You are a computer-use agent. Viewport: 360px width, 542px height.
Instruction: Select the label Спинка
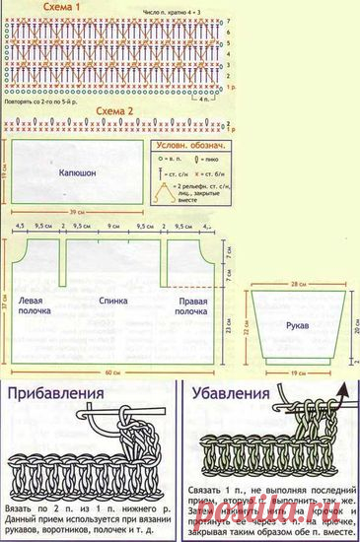pos(113,299)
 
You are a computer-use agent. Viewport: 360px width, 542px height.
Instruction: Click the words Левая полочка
pos(36,304)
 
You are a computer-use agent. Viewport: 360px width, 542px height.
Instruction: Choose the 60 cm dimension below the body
pos(114,373)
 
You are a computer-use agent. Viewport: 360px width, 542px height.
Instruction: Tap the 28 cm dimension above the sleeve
pos(297,282)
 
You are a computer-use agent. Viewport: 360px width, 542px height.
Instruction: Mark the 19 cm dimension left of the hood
pos(4,168)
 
